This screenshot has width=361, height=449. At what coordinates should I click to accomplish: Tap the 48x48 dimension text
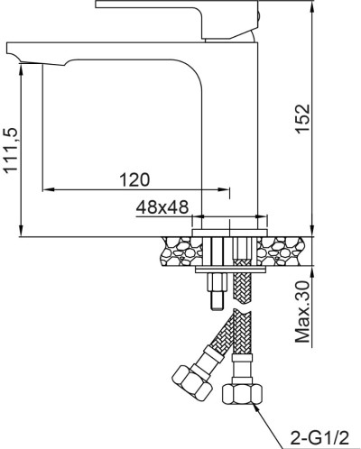pos(162,206)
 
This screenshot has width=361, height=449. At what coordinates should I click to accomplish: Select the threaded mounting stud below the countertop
pos(218,289)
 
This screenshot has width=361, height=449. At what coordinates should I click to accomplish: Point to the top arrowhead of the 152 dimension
pos(311,5)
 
